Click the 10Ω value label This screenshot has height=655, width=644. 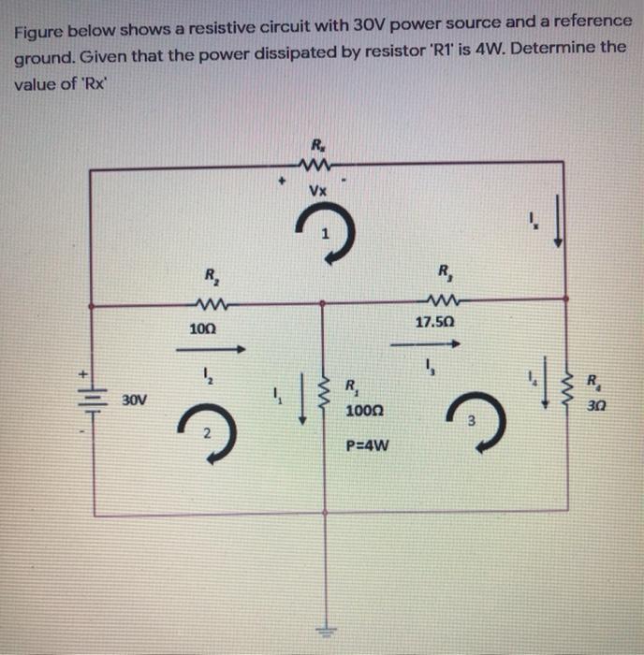pyautogui.click(x=201, y=330)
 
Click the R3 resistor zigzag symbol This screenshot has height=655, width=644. pyautogui.click(x=438, y=300)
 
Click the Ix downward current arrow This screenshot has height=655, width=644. pyautogui.click(x=559, y=226)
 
